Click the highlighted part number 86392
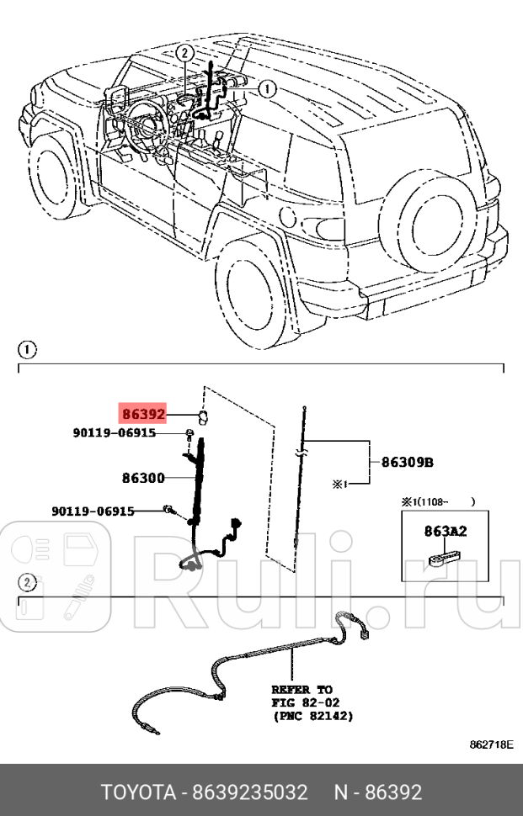(x=142, y=414)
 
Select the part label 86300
(x=143, y=477)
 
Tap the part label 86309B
(x=408, y=461)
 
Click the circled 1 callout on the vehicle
(x=266, y=87)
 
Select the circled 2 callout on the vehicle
(x=184, y=52)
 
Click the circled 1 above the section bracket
(x=26, y=348)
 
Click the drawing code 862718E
(x=492, y=745)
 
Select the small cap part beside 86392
(x=204, y=416)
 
